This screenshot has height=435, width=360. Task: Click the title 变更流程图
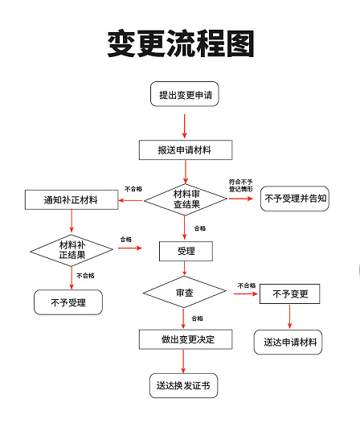click(x=181, y=43)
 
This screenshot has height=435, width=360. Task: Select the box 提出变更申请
click(x=185, y=94)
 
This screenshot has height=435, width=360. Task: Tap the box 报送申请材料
click(x=186, y=150)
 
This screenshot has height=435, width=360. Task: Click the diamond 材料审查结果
click(x=186, y=199)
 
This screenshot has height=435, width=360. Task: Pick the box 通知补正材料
click(x=72, y=199)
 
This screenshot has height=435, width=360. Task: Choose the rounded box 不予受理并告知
click(x=295, y=199)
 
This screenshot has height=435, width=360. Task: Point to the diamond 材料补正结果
click(x=72, y=250)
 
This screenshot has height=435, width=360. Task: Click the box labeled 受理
click(x=186, y=252)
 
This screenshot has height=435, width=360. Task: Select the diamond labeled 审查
click(x=185, y=292)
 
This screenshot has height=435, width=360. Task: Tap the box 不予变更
click(x=290, y=293)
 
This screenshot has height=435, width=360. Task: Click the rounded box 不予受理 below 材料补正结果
click(x=68, y=302)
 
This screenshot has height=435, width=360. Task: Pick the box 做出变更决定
click(x=186, y=339)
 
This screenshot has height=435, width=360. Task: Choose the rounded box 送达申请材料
click(x=288, y=342)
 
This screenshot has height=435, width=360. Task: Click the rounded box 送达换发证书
click(x=183, y=386)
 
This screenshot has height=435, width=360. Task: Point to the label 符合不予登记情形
click(x=241, y=185)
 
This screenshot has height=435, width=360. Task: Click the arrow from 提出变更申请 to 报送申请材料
click(x=185, y=126)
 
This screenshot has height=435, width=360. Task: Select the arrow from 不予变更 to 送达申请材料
click(x=290, y=317)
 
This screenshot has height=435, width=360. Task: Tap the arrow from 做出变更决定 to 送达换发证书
click(x=183, y=361)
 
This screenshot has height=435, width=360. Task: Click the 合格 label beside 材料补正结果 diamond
click(x=126, y=240)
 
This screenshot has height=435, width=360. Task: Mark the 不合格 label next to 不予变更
click(x=247, y=285)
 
